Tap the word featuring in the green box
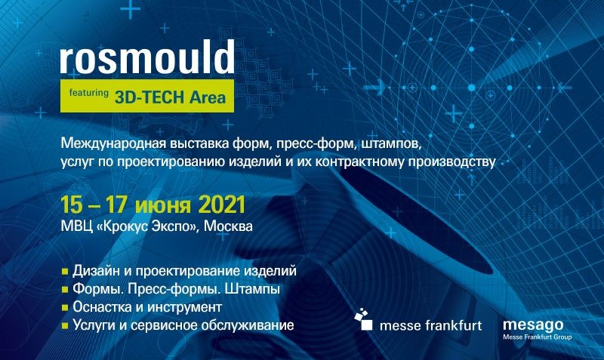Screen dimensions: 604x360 tap(88, 93)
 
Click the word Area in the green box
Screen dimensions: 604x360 tap(207, 97)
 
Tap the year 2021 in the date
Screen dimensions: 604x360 tap(222, 205)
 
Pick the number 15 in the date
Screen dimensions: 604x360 tap(71, 205)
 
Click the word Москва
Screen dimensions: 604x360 tap(228, 226)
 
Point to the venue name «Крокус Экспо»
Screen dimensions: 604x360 tap(148, 226)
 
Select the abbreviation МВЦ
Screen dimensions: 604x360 tap(77, 226)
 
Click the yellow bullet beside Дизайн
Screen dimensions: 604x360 tap(65, 272)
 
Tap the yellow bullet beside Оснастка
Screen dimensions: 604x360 tap(65, 308)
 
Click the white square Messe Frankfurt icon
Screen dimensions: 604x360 tap(367, 325)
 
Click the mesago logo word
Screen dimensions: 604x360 tap(533, 325)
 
